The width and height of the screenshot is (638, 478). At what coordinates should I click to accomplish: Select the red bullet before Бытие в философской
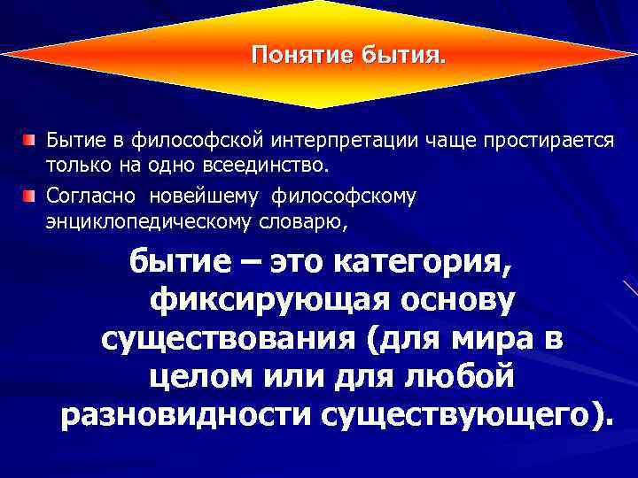[x=31, y=140]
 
